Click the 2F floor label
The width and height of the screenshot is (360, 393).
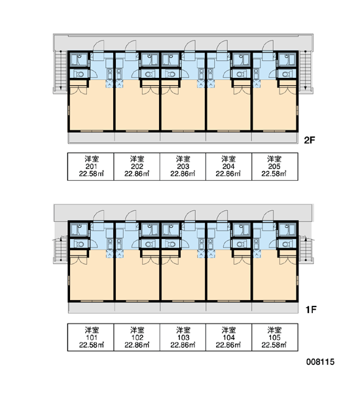pos(309,140)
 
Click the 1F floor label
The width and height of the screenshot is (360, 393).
pos(311,310)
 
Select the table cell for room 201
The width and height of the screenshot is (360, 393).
pos(91,166)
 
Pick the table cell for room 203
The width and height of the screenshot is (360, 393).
pos(183,166)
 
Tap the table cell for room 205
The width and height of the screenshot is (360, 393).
pos(275,166)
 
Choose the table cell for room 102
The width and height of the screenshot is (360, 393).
pos(137,337)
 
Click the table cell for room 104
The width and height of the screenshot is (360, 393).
pos(228,337)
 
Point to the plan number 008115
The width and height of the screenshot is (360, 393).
pos(320,362)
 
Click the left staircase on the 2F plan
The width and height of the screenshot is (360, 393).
pos(60,69)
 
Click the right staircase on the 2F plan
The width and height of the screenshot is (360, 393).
pos(306,69)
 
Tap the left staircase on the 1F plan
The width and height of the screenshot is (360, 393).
pos(60,250)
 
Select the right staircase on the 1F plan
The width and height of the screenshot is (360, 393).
pos(306,250)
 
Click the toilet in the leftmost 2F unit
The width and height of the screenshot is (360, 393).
pos(80,74)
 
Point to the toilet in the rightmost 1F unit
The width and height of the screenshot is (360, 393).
pos(286,244)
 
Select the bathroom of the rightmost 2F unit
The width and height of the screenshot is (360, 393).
pos(287,60)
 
